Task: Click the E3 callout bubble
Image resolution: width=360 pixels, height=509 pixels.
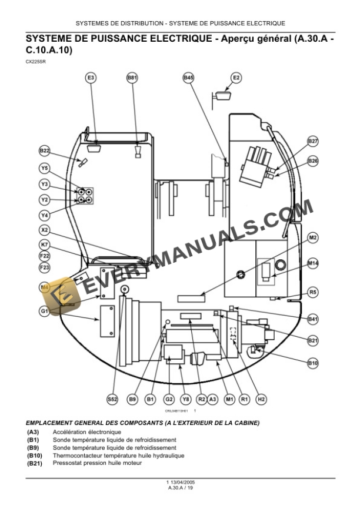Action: click(x=91, y=77)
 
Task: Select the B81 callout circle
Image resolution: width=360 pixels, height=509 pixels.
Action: click(x=132, y=77)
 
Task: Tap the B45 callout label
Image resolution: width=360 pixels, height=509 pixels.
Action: click(x=188, y=77)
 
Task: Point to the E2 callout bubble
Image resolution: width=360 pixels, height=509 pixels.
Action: click(x=236, y=77)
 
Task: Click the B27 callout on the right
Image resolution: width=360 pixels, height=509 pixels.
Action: click(x=313, y=141)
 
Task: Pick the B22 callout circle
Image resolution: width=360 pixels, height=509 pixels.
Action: click(x=45, y=150)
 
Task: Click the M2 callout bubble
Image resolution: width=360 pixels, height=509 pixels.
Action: click(x=313, y=237)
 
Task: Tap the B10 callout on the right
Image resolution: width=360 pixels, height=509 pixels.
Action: click(x=313, y=363)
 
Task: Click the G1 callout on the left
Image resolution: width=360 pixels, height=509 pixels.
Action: click(x=45, y=310)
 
